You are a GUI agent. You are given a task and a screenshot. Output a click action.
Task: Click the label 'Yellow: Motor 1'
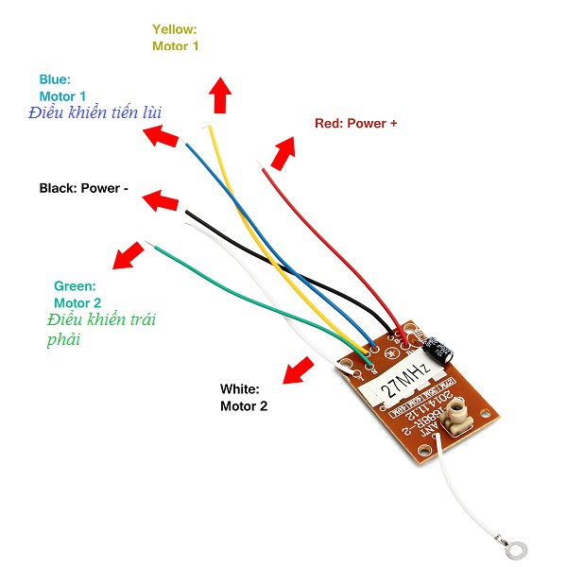pyautogui.click(x=175, y=38)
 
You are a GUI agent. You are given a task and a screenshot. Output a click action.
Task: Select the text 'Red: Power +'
pyautogui.click(x=354, y=124)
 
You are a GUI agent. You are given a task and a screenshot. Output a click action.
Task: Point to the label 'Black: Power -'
pyautogui.click(x=83, y=188)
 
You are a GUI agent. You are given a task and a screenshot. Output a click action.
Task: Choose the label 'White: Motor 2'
pyautogui.click(x=245, y=397)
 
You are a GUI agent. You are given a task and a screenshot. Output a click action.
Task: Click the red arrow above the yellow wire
pyautogui.click(x=220, y=95)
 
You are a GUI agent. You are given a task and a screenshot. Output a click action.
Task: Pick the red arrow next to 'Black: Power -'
pyautogui.click(x=161, y=200)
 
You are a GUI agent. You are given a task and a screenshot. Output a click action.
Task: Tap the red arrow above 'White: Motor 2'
pyautogui.click(x=300, y=369)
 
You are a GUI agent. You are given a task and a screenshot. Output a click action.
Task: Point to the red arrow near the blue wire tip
pyautogui.click(x=161, y=136)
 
